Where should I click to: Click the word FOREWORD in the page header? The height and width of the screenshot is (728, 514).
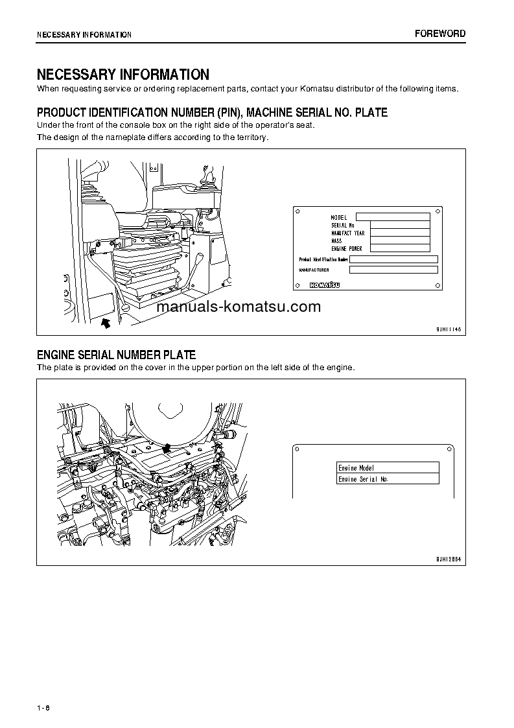(x=440, y=34)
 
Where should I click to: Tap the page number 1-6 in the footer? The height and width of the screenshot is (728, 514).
(x=43, y=707)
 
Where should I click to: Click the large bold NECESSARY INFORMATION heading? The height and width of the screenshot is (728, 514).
(x=123, y=75)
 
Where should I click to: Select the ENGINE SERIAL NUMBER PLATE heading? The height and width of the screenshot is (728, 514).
(x=116, y=355)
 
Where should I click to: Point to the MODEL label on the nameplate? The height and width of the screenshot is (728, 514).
(x=339, y=217)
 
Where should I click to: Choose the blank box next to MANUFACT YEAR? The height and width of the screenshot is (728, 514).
(x=400, y=233)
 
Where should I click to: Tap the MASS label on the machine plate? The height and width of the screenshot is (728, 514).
(x=336, y=241)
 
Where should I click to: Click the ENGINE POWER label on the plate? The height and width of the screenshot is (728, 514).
(x=347, y=248)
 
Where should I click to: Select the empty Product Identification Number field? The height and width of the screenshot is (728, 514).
(x=393, y=259)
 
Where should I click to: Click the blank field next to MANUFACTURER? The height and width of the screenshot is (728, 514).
(x=393, y=270)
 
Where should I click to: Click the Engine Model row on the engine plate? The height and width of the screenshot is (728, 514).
(x=388, y=467)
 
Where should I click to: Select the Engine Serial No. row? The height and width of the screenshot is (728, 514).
(x=388, y=479)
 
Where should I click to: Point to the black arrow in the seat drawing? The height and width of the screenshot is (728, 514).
(x=106, y=321)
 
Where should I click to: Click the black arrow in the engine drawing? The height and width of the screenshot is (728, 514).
(x=167, y=447)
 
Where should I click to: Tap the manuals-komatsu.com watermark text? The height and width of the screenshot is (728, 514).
(x=239, y=307)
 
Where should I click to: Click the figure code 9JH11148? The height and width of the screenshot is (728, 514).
(x=448, y=329)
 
